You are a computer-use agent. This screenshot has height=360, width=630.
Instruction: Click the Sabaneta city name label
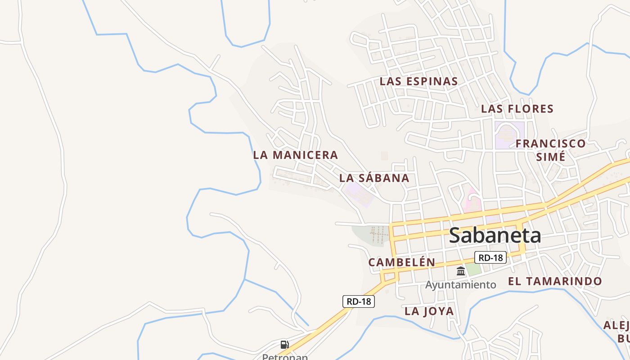pos(495,235)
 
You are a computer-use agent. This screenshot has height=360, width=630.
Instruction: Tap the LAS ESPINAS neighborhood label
pos(418,81)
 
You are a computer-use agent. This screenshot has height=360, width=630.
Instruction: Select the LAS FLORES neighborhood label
pos(517,109)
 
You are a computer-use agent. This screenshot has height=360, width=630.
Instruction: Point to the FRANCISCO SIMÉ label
pos(550,150)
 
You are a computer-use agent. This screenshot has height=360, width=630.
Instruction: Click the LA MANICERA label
pos(295,155)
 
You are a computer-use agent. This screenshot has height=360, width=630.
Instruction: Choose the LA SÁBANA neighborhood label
pos(374,178)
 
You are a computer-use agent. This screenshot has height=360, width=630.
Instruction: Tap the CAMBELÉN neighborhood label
pos(401,262)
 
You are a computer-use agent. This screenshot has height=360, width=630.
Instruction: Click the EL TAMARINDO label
pos(555,282)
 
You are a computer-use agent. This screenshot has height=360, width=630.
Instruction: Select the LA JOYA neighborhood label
pos(429,311)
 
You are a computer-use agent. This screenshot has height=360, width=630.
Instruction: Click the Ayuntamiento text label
pos(461,285)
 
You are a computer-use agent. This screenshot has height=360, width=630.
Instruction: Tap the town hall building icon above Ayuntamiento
pos(461,271)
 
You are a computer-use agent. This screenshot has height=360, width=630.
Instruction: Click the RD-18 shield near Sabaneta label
pos(490,258)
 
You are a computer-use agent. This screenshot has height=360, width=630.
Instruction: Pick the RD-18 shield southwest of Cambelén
pos(359,301)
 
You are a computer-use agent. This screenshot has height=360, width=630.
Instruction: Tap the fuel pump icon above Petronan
pos(284,345)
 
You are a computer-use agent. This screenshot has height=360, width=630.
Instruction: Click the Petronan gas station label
pos(285,357)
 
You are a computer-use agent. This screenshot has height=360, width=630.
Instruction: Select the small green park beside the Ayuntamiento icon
pos(473,269)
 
